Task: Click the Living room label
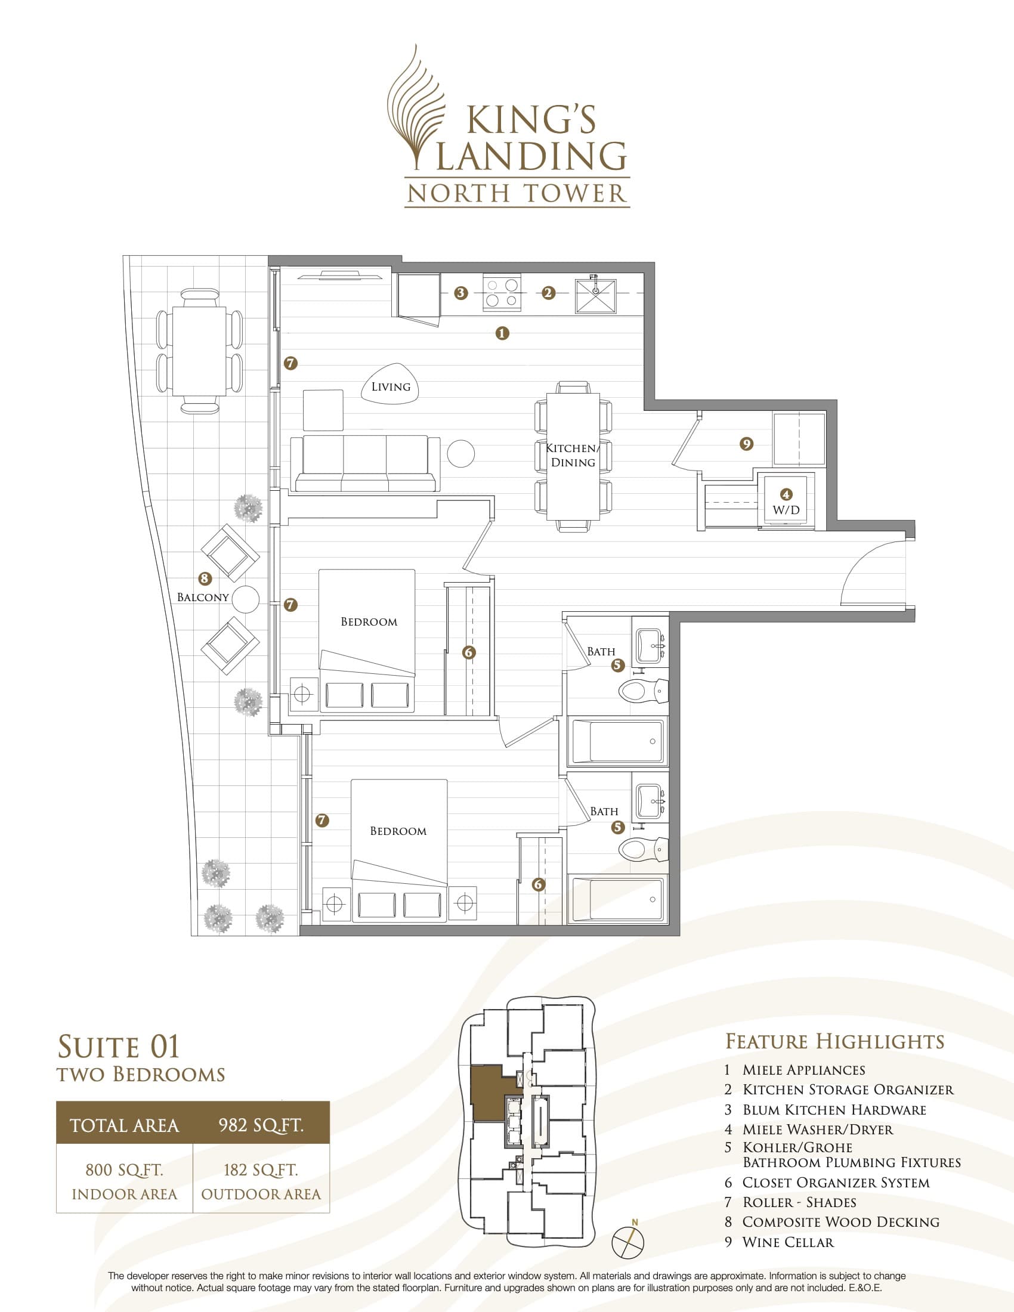click(x=391, y=387)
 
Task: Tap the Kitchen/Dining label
click(x=573, y=456)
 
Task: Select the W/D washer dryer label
click(x=786, y=510)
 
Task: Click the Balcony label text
click(x=202, y=597)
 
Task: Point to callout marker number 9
click(x=746, y=444)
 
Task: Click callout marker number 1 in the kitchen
click(x=502, y=333)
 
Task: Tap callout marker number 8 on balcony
click(x=205, y=578)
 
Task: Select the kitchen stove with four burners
click(x=502, y=293)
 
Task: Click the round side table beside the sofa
click(x=460, y=454)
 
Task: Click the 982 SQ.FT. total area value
click(x=261, y=1125)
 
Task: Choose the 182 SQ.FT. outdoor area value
click(x=261, y=1170)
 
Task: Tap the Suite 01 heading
click(x=118, y=1047)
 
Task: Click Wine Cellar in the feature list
click(x=787, y=1242)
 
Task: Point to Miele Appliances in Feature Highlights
click(x=803, y=1070)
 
